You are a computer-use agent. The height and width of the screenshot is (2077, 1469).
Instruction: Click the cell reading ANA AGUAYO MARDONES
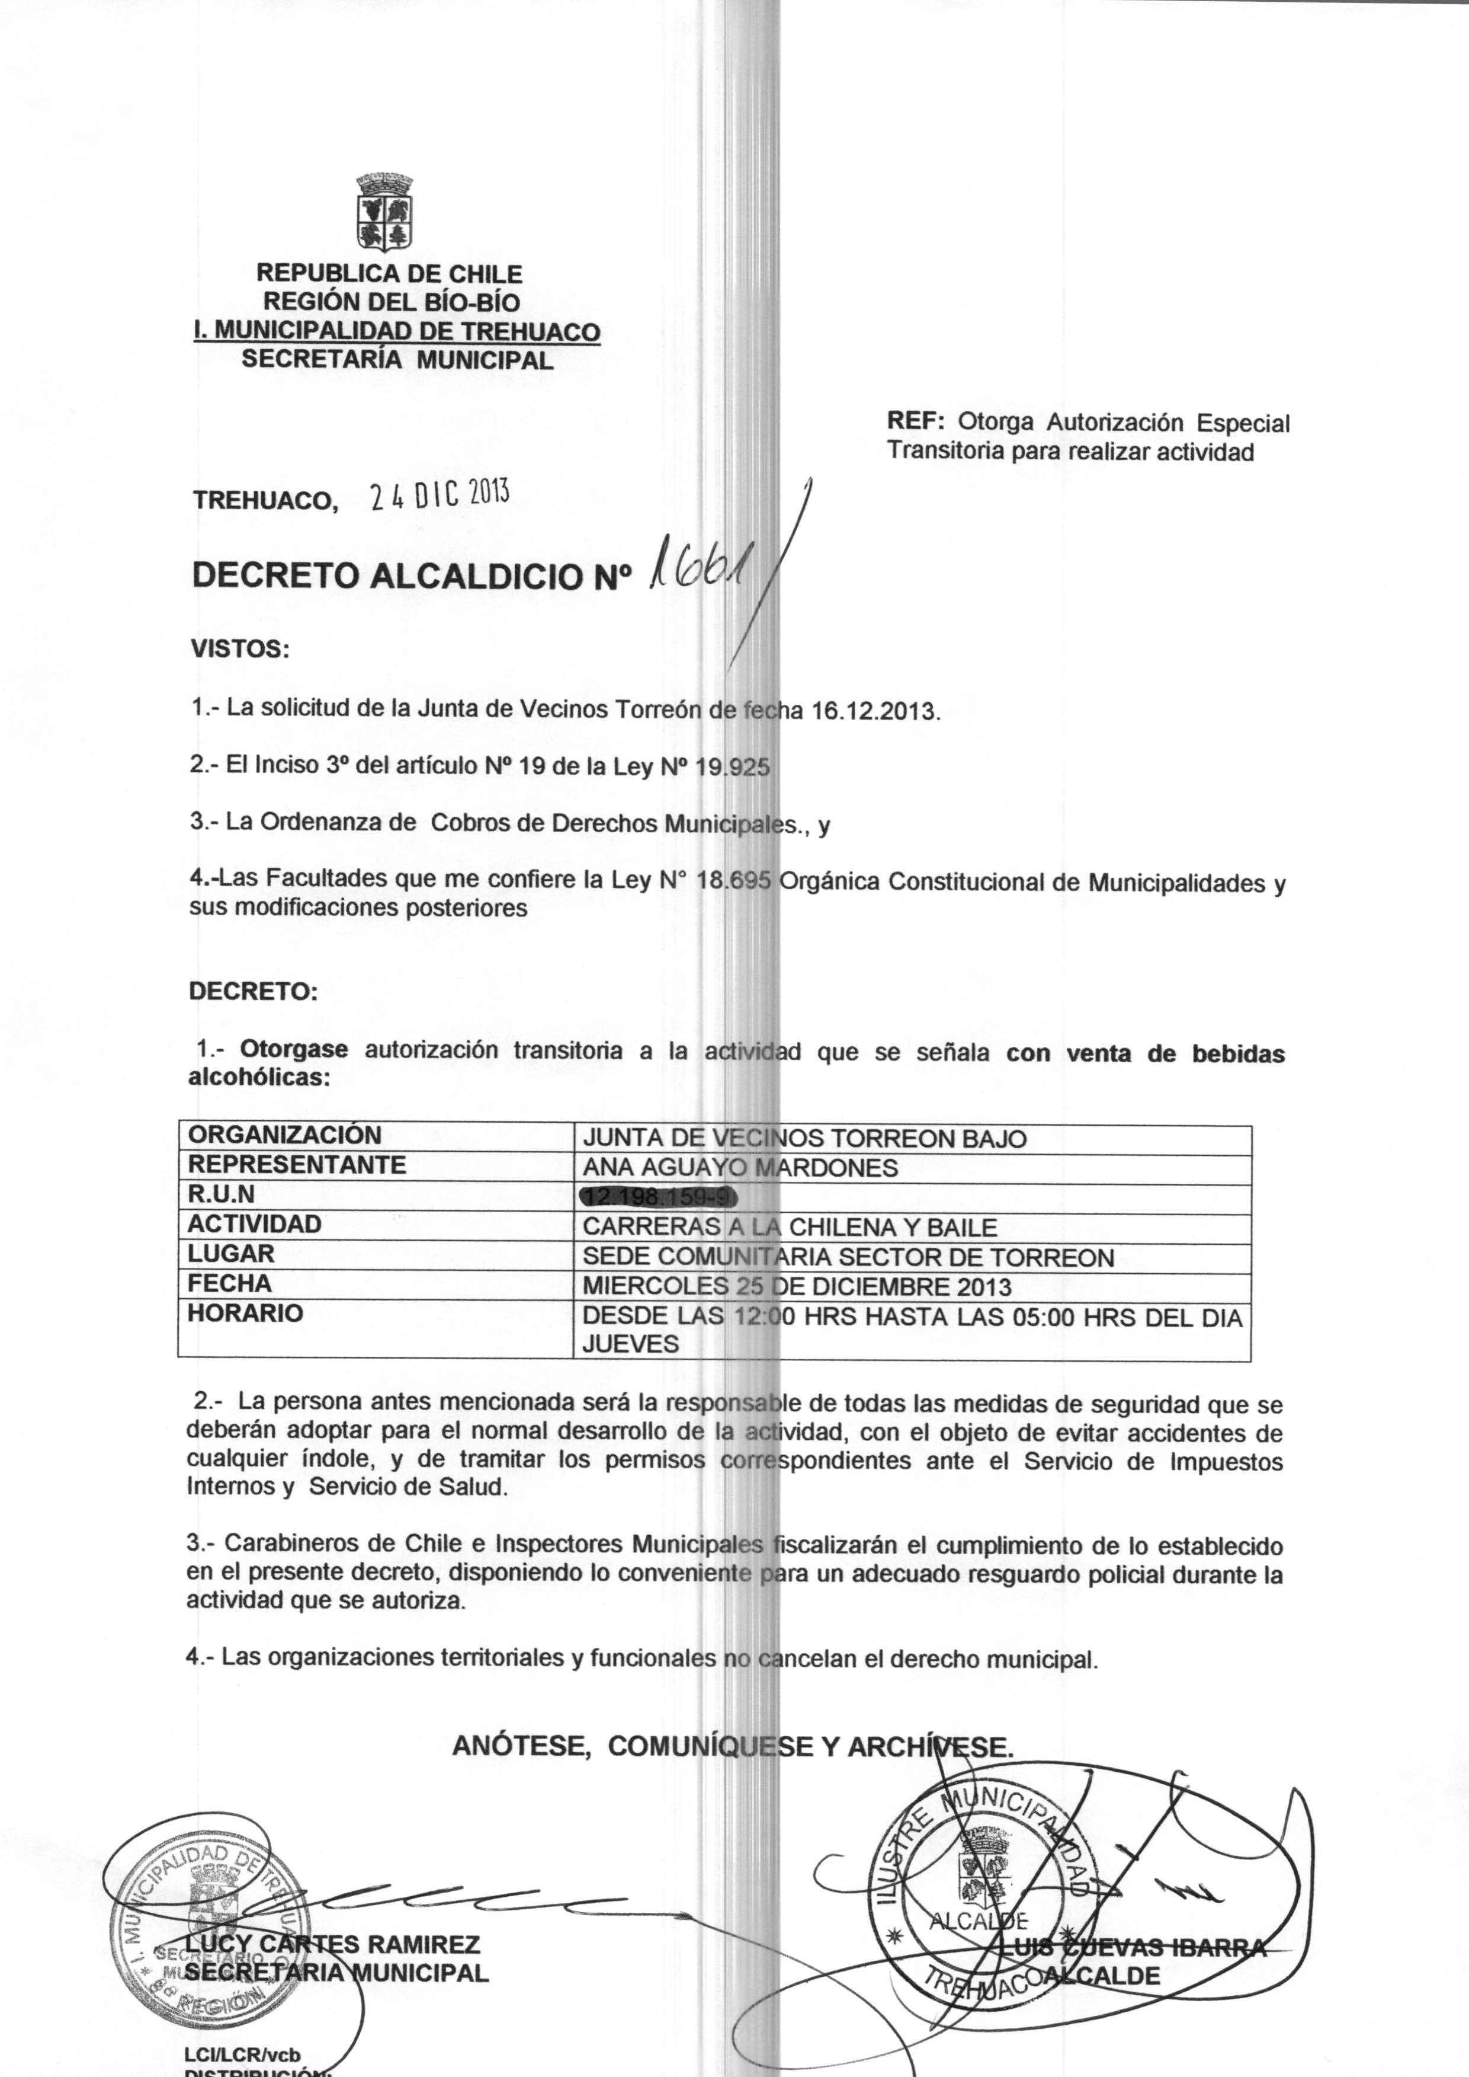point(740,1168)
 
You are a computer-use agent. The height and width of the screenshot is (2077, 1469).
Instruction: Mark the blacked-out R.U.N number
point(659,1197)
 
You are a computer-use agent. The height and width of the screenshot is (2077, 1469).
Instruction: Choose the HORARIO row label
point(245,1313)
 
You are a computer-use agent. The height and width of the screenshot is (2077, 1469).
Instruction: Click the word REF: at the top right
point(915,421)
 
